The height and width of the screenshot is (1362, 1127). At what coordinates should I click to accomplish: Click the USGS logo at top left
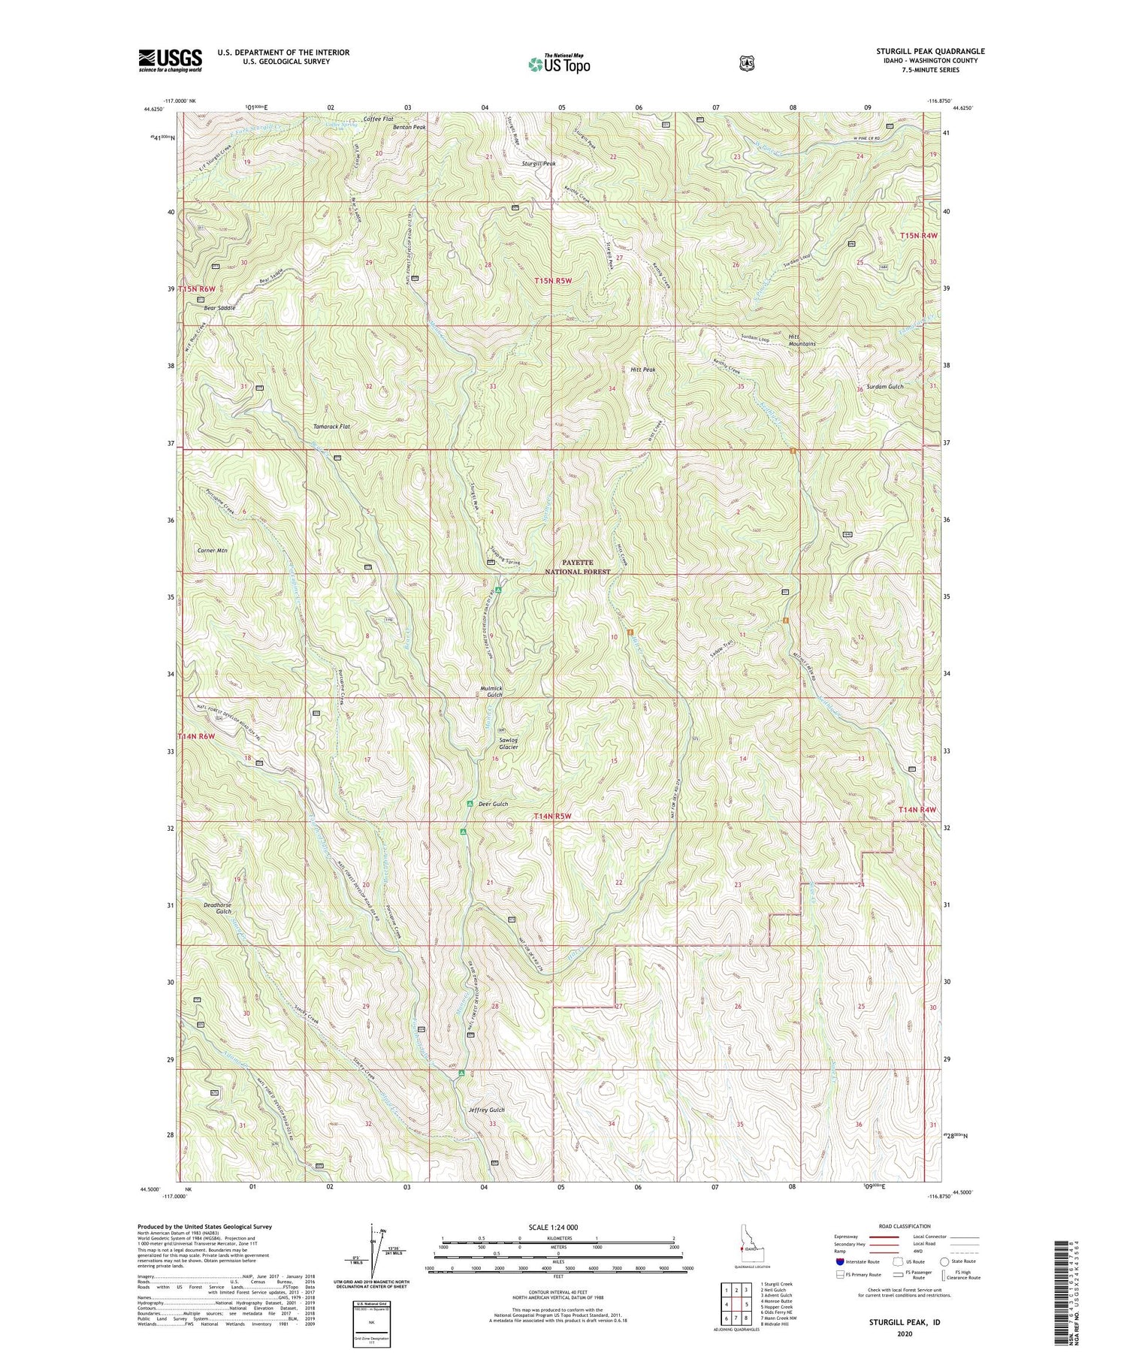(x=170, y=60)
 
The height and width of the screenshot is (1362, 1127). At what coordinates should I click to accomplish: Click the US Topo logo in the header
(x=559, y=64)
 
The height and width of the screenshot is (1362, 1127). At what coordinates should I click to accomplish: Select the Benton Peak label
(x=409, y=128)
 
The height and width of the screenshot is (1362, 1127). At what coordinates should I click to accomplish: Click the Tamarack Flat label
(x=331, y=426)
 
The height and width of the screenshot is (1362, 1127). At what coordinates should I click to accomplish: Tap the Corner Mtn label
(x=212, y=551)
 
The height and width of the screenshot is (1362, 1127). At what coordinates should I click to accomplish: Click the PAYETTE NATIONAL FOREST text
(x=578, y=566)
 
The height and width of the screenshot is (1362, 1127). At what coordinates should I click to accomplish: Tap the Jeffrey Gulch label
(x=487, y=1110)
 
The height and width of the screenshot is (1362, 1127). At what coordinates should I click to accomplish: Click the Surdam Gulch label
(x=884, y=386)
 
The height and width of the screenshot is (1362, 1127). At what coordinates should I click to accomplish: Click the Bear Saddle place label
(x=219, y=308)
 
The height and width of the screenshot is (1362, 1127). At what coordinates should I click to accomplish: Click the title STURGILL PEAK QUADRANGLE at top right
(x=930, y=51)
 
